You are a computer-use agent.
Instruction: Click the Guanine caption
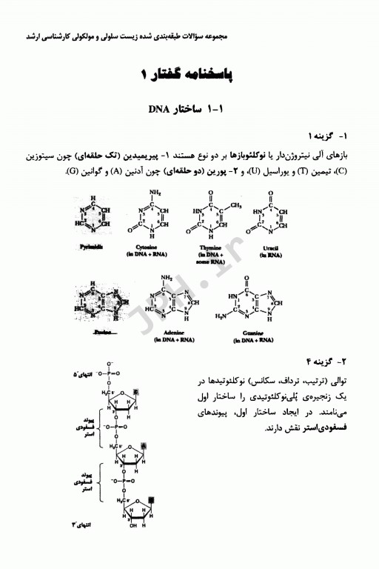click(x=256, y=333)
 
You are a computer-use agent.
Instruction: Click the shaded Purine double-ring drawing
click(x=94, y=305)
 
